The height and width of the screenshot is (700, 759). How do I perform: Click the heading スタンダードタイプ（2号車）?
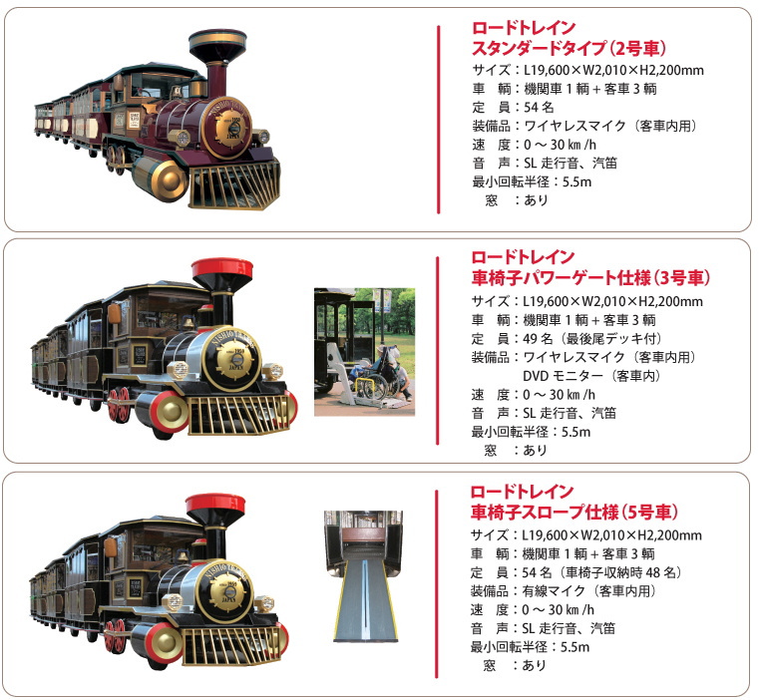(569, 49)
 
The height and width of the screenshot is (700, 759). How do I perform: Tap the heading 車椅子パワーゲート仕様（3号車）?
(590, 278)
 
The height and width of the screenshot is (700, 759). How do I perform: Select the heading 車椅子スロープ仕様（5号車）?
(574, 512)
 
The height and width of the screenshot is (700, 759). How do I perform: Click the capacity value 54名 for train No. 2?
(539, 107)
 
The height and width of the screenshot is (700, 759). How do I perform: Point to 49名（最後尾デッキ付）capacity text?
(592, 338)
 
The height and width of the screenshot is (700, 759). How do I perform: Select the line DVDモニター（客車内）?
(591, 376)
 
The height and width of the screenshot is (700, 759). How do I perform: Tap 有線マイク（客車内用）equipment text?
(588, 591)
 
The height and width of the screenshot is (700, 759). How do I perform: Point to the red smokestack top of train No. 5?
(214, 505)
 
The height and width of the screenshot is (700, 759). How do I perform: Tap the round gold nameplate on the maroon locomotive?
(227, 129)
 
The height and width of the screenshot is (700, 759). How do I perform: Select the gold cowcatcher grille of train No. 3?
(238, 415)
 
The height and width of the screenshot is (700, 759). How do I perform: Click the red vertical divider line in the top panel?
(439, 120)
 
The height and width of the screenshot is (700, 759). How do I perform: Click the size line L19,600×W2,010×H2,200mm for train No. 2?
(613, 70)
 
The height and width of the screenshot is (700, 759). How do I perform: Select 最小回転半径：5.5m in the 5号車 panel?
(530, 647)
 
